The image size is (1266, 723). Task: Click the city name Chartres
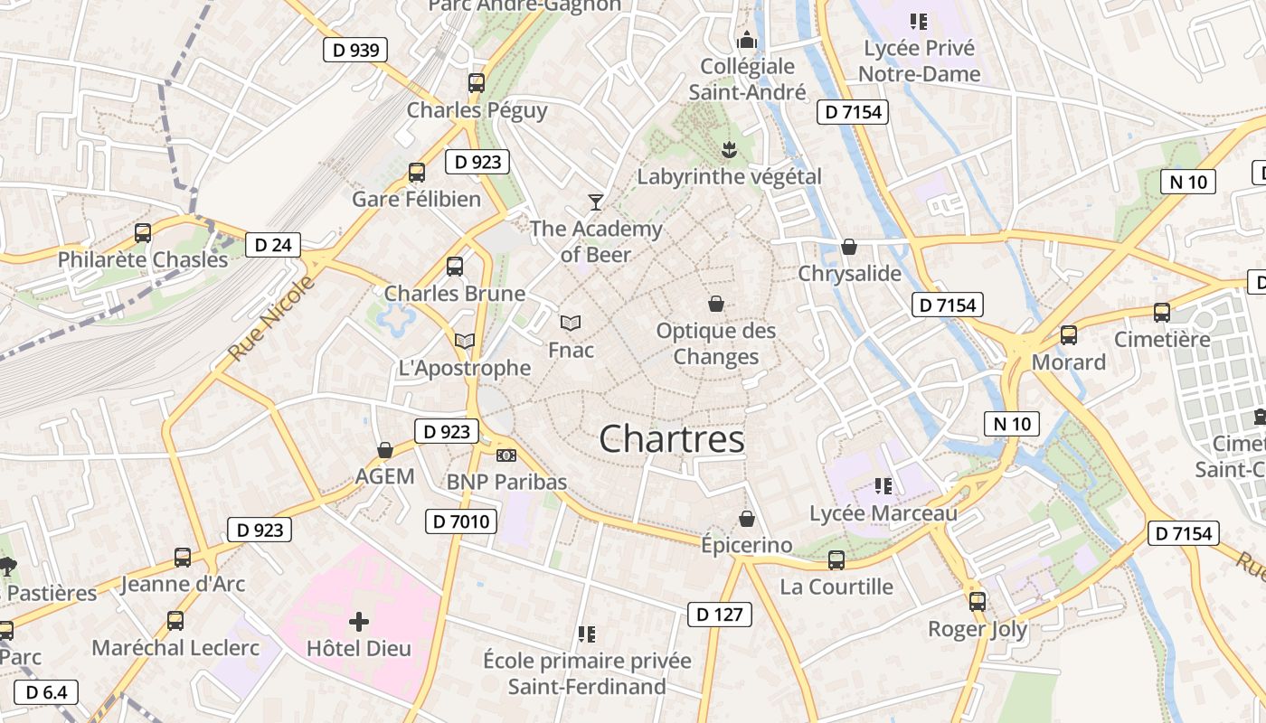click(672, 439)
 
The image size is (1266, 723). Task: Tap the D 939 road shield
click(355, 50)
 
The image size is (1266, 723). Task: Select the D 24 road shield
click(273, 244)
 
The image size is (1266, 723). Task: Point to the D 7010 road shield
click(461, 521)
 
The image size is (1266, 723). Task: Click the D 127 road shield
click(720, 615)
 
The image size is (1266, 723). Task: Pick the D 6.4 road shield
click(46, 692)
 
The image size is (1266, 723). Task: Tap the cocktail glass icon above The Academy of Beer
click(595, 202)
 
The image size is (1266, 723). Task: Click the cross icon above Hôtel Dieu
click(359, 622)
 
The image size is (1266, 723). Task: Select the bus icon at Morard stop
click(1069, 335)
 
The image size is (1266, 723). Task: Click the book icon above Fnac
click(571, 323)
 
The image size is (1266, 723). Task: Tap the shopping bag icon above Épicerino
click(747, 519)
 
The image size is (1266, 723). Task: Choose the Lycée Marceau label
click(883, 513)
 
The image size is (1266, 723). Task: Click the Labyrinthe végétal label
click(729, 176)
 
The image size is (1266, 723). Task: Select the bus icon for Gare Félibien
click(417, 172)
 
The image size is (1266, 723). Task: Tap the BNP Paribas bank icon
click(506, 455)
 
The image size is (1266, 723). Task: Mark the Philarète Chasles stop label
click(143, 259)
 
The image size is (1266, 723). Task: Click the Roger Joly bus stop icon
click(978, 602)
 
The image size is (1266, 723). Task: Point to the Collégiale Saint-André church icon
click(747, 40)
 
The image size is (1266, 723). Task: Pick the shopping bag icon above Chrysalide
click(849, 247)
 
